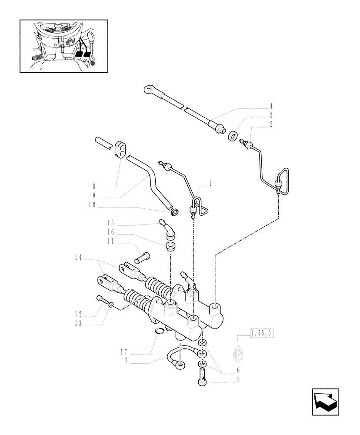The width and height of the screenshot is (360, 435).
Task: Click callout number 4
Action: [271, 106]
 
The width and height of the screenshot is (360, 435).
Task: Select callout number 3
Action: [271, 116]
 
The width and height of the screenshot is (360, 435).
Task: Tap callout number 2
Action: [271, 125]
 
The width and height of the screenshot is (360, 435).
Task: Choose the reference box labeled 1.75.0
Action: [260, 334]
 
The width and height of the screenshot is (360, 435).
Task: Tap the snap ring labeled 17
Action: [160, 331]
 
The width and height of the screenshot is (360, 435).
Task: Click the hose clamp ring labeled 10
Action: [174, 213]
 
